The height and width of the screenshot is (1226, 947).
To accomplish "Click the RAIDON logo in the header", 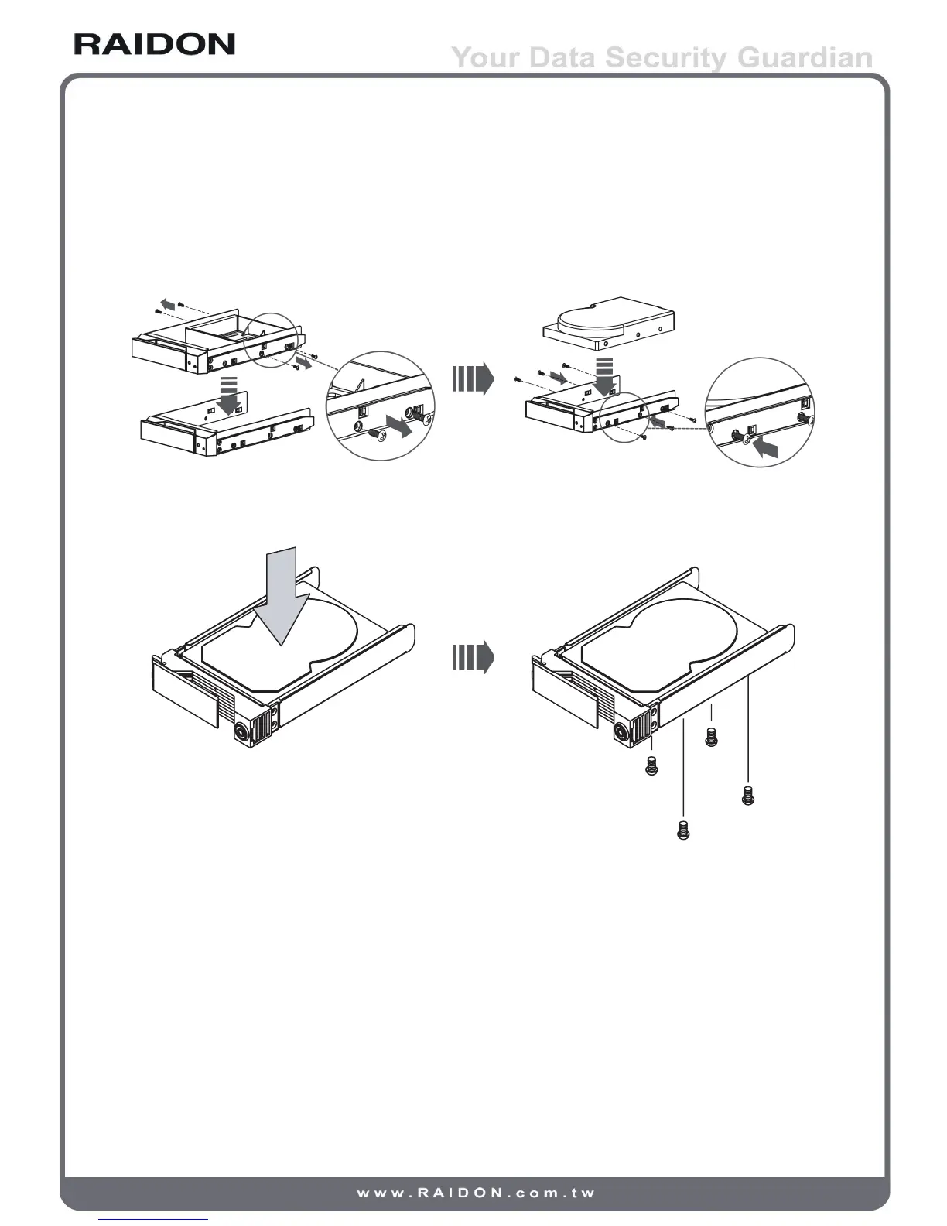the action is (155, 44).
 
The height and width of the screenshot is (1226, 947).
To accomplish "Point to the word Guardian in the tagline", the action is (805, 58).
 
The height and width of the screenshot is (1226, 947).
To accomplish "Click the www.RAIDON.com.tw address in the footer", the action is (475, 1193).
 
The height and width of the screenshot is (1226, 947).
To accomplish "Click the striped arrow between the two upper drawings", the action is (473, 379).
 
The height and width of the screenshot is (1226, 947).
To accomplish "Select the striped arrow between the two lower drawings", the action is (473, 658).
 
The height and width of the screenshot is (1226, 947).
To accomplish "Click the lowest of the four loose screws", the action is (682, 830).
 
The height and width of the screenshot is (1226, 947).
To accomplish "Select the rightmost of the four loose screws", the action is (747, 796).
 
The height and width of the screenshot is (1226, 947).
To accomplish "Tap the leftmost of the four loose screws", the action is (651, 767).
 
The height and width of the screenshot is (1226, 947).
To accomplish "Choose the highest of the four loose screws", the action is (711, 738).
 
